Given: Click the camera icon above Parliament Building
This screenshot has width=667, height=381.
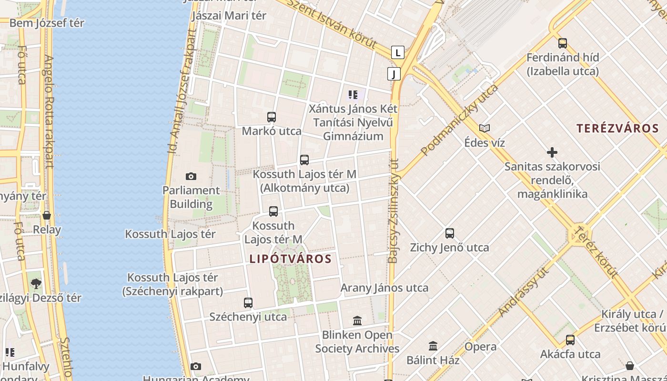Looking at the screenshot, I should [x=191, y=177].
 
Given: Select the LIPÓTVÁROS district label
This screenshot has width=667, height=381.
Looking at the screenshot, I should [x=290, y=259].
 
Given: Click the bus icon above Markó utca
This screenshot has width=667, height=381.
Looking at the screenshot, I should [x=272, y=117].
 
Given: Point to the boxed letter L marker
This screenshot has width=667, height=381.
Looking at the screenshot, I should [x=398, y=52].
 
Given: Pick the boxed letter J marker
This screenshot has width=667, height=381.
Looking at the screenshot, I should [x=394, y=74].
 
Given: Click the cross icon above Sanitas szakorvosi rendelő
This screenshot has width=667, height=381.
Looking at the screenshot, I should [x=552, y=152].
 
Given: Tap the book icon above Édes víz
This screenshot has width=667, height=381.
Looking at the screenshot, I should [x=485, y=128].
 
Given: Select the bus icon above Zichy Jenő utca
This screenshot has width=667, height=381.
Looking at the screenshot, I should [x=450, y=233].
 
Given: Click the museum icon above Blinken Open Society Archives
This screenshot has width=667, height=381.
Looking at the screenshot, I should [x=357, y=321].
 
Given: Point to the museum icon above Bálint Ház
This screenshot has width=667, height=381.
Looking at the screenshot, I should [x=433, y=346].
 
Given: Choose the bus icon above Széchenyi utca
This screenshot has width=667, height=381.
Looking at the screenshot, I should [x=248, y=302].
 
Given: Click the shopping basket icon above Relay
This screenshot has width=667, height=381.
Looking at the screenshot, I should [x=47, y=215].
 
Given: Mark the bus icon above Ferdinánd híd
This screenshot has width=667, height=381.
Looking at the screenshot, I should [x=563, y=43].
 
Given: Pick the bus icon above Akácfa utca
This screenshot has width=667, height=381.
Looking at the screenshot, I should [x=570, y=340].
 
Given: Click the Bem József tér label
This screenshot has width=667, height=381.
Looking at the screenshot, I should [x=47, y=23].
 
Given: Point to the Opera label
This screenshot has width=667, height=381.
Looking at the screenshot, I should [x=480, y=346].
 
